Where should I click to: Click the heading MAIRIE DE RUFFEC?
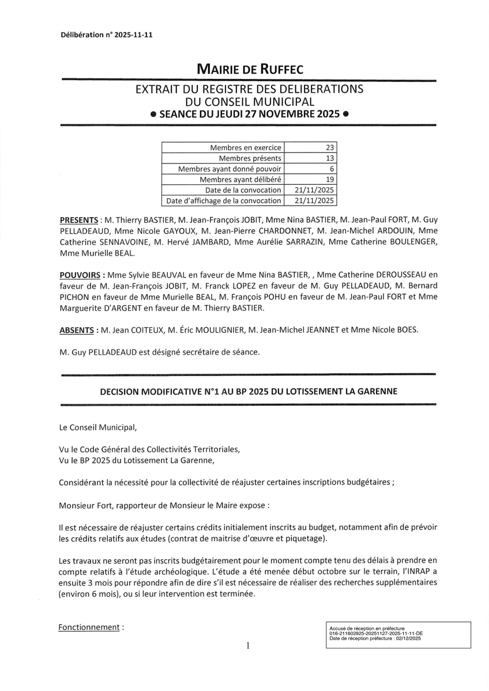pos(250,70)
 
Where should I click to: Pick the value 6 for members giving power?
pos(332,169)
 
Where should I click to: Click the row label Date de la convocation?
pos(243,190)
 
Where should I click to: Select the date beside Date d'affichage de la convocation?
pos(314,200)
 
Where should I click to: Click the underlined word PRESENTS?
pos(79,221)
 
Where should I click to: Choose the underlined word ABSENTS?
pos(77,331)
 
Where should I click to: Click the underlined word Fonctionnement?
pos(89,627)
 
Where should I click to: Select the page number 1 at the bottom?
pos(248,646)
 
